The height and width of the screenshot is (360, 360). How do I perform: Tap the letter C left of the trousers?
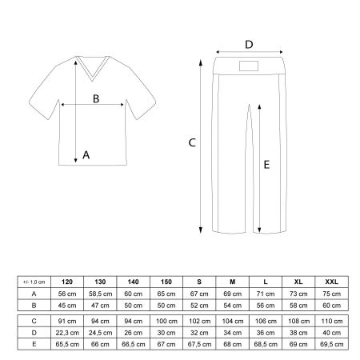click(191, 144)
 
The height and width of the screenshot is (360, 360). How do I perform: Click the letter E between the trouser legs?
click(267, 165)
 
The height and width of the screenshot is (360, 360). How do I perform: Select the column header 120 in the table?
click(66, 282)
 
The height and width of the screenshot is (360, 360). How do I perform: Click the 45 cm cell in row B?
click(66, 305)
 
